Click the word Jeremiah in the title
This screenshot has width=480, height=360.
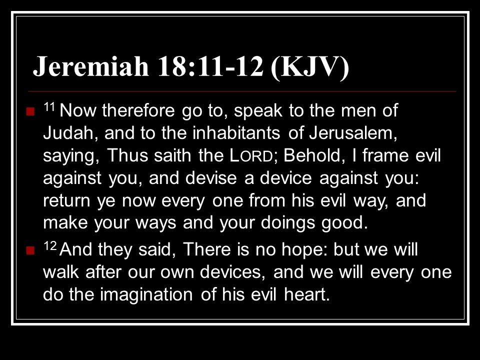pos(91,66)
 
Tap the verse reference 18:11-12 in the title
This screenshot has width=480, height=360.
pos(210,66)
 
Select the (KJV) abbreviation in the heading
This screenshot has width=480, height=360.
pos(310,67)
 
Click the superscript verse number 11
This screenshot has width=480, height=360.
pos(49,107)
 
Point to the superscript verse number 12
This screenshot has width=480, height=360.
pos(50,246)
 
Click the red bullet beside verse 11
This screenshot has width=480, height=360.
pos(30,111)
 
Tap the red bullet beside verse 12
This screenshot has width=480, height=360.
pos(30,250)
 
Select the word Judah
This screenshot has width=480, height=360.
pos(68,133)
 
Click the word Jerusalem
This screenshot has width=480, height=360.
pos(353,133)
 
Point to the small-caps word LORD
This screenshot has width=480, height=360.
pos(251,155)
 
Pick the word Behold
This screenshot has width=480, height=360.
pos(312,155)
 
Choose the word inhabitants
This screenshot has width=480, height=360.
pos(236,133)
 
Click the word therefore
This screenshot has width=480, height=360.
pos(138,110)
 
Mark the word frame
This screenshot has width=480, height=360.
pos(385,155)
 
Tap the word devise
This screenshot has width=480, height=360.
pos(211,178)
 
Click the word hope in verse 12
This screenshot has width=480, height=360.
pos(304,249)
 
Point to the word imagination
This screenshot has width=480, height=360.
pos(146,294)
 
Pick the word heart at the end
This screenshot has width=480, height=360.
pos(306,294)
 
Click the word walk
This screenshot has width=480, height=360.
pos(61,272)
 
